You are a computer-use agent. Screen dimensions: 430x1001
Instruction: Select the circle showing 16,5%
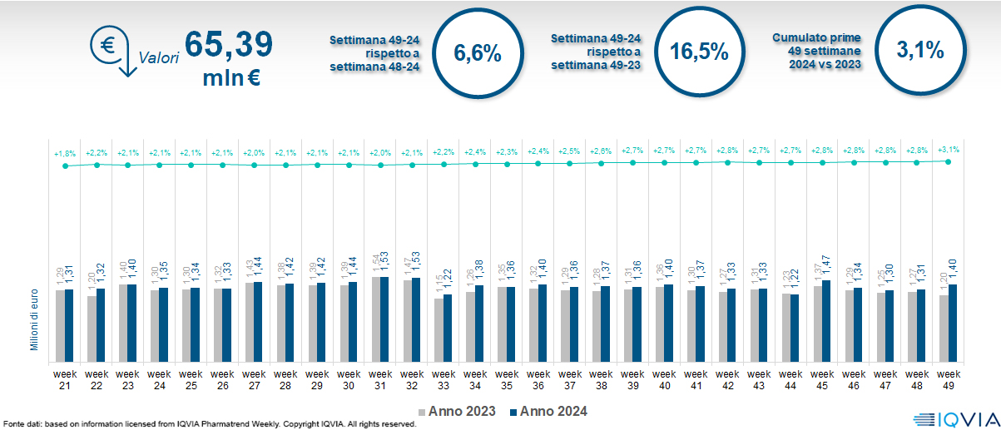click(699, 52)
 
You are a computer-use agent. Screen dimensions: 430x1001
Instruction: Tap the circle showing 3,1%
click(920, 51)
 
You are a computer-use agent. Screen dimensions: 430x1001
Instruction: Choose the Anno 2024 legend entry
click(548, 412)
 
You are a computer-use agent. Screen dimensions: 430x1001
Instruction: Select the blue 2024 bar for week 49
click(953, 322)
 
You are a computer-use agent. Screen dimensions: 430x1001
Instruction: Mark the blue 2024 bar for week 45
click(826, 319)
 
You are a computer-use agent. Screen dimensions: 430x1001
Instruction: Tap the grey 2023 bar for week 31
click(375, 318)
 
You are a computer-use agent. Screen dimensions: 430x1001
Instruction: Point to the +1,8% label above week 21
click(65, 153)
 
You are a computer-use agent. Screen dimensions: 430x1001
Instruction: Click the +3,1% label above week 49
click(948, 149)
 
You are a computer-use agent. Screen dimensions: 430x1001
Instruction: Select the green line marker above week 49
click(949, 161)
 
